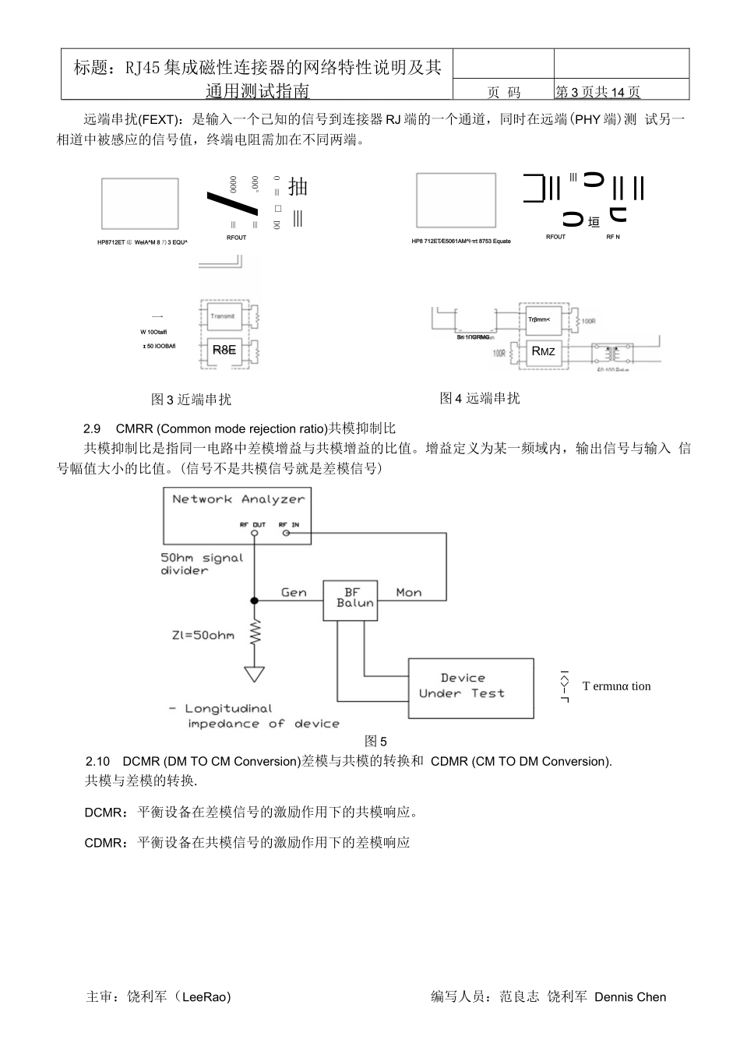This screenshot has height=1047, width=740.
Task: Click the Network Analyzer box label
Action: click(238, 499)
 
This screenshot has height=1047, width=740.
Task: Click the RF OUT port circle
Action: click(255, 534)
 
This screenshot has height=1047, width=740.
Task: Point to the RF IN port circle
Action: click(286, 534)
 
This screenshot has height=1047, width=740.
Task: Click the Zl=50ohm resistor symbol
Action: click(255, 632)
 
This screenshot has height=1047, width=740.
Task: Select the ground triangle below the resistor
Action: click(255, 673)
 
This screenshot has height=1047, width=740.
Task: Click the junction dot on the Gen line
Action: click(255, 601)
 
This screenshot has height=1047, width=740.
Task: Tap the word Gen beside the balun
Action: click(294, 593)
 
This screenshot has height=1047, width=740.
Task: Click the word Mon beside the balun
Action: click(408, 593)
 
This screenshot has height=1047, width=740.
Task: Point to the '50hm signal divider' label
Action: click(201, 564)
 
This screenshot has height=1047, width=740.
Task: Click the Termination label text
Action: click(616, 686)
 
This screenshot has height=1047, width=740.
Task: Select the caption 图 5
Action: click(375, 742)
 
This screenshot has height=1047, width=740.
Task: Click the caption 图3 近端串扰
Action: click(191, 400)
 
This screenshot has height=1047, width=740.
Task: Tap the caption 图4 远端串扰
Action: click(479, 398)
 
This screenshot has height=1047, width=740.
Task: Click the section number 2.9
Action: click(92, 429)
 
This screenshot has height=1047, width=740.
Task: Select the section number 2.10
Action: click(97, 761)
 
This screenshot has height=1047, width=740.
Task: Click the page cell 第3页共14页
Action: click(597, 92)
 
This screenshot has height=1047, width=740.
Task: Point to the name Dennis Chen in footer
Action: click(630, 997)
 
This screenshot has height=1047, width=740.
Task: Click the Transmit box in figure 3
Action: click(223, 316)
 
